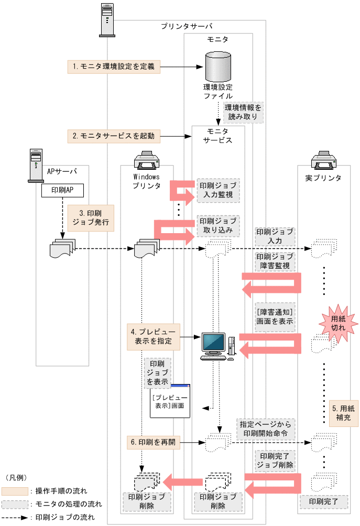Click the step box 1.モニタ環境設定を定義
[x=114, y=67]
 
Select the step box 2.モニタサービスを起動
[x=114, y=136]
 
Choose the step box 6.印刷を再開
[x=154, y=443]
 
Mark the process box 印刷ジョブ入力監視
[x=217, y=192]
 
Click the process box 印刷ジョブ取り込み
[x=217, y=226]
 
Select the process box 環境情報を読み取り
[x=243, y=113]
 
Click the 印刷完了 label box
[x=324, y=501]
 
